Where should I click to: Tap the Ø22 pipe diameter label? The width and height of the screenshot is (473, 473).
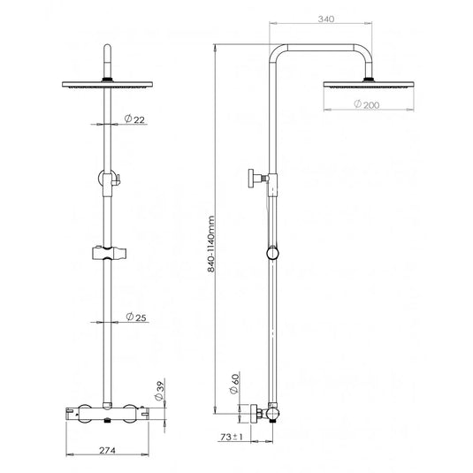[134, 118]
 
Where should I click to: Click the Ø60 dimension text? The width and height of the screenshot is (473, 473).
[234, 383]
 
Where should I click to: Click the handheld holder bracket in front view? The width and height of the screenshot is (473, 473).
[107, 255]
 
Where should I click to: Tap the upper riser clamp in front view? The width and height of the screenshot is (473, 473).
[107, 180]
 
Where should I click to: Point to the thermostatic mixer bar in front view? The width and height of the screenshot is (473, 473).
[107, 412]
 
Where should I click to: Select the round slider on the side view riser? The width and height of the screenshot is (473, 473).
[273, 255]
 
